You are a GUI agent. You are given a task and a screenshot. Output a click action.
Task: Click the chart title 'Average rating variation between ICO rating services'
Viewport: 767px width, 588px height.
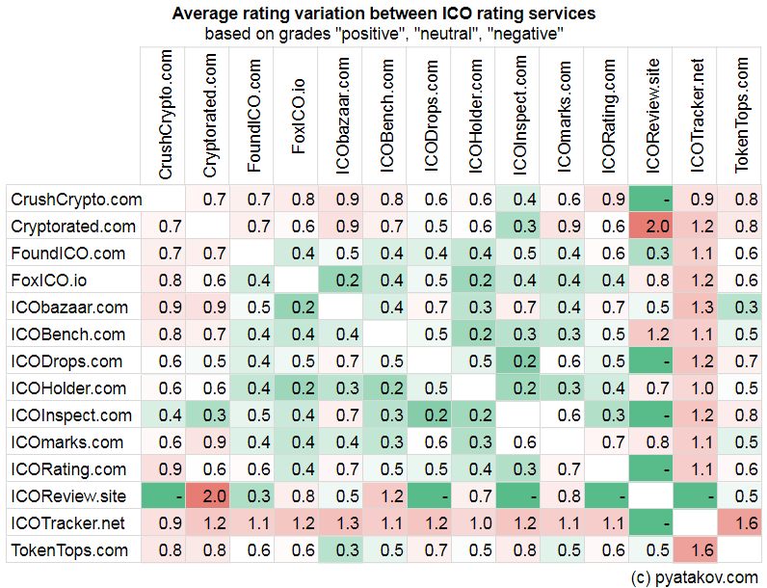tap(383, 13)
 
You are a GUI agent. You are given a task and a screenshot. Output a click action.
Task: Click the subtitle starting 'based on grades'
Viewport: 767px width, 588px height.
tap(383, 33)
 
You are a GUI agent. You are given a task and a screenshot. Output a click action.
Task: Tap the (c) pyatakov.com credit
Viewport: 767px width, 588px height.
tap(694, 576)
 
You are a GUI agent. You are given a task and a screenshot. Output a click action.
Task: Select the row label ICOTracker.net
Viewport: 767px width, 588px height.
tap(68, 523)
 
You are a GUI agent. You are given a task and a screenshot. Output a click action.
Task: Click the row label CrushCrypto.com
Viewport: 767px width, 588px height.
tap(76, 200)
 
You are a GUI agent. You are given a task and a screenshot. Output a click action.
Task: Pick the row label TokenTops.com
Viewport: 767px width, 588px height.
tap(68, 550)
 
